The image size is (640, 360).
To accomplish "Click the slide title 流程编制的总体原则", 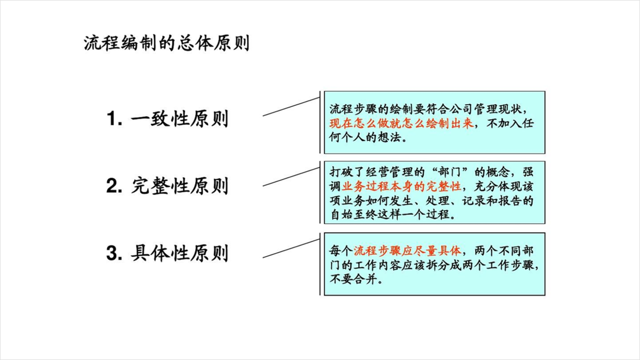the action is [167, 43].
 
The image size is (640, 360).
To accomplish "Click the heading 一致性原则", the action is [180, 119].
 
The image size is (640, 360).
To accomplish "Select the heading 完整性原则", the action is [180, 186].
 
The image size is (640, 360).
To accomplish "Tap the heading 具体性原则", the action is [180, 253].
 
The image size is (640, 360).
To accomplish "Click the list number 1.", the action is [114, 119].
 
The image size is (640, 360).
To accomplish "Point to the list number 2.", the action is [114, 186].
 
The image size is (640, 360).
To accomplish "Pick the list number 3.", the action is [114, 253].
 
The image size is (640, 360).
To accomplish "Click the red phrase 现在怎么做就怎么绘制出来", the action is [402, 124].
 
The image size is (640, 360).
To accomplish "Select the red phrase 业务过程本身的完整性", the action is [402, 186].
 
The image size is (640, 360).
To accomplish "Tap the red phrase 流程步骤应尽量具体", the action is [407, 251].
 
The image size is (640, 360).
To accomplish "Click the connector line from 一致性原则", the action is [291, 107].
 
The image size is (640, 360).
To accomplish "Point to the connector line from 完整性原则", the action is [291, 177].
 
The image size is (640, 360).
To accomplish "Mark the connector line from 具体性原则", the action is [291, 249].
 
